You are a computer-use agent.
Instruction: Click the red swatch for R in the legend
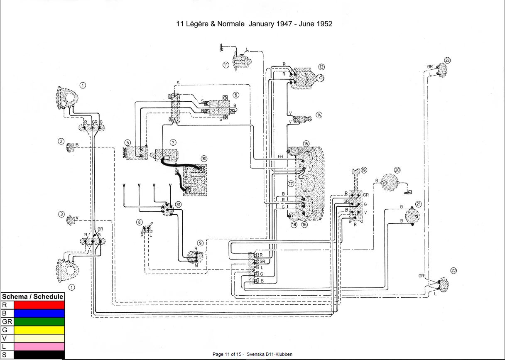(x=39, y=305)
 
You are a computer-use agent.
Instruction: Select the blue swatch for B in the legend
(x=39, y=313)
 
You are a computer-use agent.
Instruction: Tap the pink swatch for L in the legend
(x=39, y=346)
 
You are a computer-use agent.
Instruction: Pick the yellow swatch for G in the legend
(x=39, y=330)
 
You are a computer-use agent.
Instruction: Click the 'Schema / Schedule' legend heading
(x=33, y=296)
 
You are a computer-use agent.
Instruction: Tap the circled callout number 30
(x=204, y=159)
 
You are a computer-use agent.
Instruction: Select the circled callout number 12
(x=321, y=67)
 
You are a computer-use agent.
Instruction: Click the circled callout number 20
(x=397, y=170)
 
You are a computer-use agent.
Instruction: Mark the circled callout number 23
(x=447, y=60)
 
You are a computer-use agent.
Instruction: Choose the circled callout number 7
(x=173, y=142)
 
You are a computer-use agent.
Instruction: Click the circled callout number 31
(x=178, y=204)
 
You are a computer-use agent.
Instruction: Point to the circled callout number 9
(x=200, y=243)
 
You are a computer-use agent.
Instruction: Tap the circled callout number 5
(x=127, y=142)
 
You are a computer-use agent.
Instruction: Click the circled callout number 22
(x=454, y=271)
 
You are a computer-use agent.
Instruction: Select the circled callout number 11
(x=226, y=65)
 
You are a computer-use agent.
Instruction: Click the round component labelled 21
(x=412, y=216)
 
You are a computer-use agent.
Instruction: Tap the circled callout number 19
(x=364, y=170)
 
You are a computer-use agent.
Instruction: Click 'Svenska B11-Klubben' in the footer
(x=270, y=354)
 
